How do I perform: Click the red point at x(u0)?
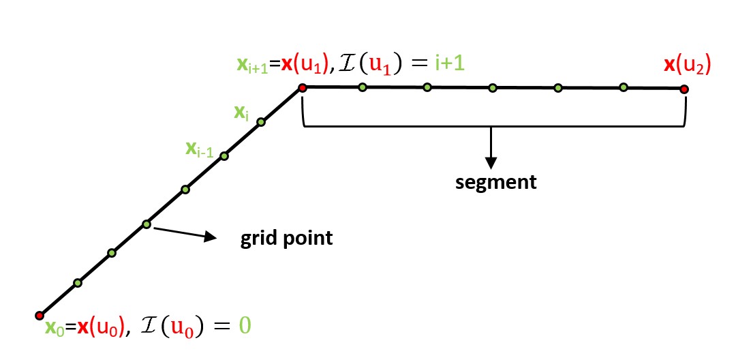coord(39,315)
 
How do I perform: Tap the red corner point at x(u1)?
coord(302,87)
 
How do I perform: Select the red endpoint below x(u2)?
coord(684,89)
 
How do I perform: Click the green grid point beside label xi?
coord(260,123)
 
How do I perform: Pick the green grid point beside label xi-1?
coord(224,156)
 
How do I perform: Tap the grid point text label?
coord(286,239)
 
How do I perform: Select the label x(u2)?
coord(687,67)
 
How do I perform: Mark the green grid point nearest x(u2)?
coord(623,87)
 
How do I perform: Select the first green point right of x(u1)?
coord(363,87)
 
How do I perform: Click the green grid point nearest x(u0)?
coord(78,282)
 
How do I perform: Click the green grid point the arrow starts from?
coord(147,224)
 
